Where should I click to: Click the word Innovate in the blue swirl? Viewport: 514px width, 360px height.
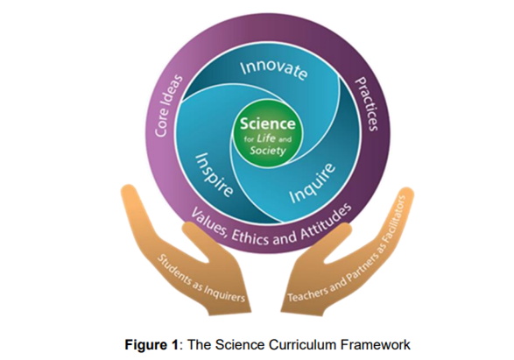(274, 70)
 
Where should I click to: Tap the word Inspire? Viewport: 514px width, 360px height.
(215, 174)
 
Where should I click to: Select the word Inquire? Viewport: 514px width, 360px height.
(313, 182)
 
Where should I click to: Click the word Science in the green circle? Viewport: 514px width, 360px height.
(267, 124)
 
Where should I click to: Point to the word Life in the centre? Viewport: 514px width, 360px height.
(266, 138)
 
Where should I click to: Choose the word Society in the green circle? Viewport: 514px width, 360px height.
(268, 151)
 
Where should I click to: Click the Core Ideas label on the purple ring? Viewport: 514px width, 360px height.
(168, 106)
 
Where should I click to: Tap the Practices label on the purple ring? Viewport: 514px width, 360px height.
(367, 103)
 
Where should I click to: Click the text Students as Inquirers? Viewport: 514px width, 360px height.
(201, 278)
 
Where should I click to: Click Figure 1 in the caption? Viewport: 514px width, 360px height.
(151, 345)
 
